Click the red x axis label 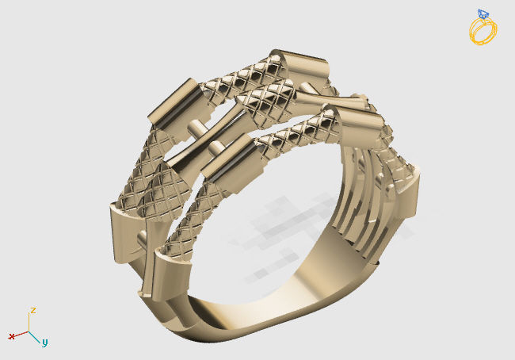12,336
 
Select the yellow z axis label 32,310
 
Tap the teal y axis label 44,343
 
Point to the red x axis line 21,334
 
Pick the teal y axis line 36,336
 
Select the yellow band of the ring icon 483,32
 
